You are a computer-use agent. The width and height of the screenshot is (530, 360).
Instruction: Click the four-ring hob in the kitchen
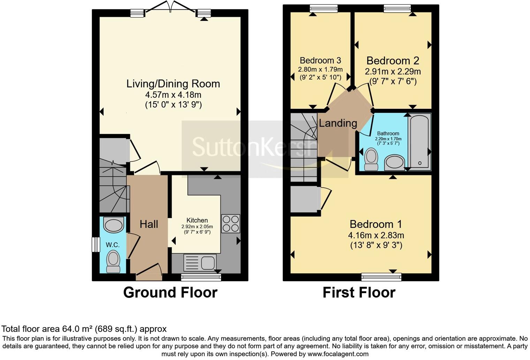point(230,224)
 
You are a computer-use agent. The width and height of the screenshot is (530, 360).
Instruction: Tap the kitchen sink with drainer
point(200,262)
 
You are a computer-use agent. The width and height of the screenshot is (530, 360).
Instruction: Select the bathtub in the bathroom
point(419,142)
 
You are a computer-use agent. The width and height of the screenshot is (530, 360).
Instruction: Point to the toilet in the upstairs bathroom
point(371,159)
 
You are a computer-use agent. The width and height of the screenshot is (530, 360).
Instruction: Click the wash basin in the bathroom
point(394,163)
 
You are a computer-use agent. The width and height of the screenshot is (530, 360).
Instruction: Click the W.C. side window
point(96,245)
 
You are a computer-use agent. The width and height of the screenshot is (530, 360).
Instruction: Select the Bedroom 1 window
point(381,277)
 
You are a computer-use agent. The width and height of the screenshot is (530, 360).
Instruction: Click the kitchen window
point(201,277)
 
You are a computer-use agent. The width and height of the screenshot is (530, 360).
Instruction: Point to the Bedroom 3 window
point(324,8)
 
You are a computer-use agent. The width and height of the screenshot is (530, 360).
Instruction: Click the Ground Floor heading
point(171,293)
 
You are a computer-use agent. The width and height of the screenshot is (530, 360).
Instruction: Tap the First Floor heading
point(359,293)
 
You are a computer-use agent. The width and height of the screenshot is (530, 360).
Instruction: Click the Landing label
point(338,123)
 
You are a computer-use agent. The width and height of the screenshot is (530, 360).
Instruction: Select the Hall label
point(149,224)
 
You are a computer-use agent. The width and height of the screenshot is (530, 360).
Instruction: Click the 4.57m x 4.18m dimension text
point(173,95)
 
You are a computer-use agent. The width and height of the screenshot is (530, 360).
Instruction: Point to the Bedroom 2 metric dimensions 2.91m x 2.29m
point(393,72)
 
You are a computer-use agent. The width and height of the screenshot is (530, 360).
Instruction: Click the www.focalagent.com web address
point(338,354)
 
